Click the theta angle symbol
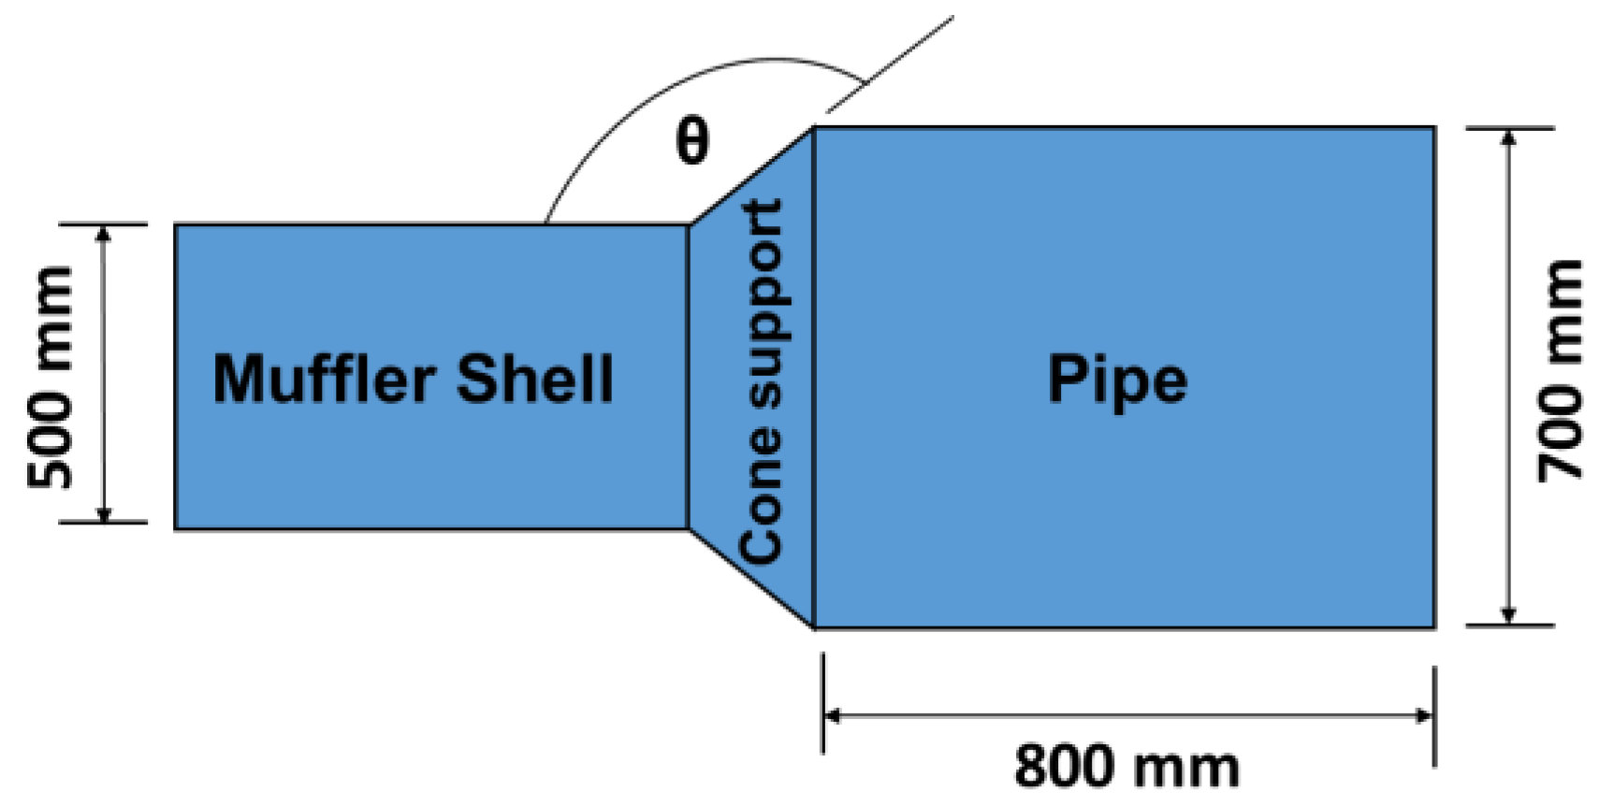point(691,143)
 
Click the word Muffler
point(324,379)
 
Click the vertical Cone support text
point(761,381)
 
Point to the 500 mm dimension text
point(50,377)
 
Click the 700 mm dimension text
point(1561,372)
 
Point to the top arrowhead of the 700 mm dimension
point(1507,136)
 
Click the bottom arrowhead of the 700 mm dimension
point(1507,616)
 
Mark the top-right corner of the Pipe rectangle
point(1434,127)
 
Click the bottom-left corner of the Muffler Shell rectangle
point(175,529)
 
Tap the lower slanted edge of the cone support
point(751,578)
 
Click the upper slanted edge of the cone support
point(751,176)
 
